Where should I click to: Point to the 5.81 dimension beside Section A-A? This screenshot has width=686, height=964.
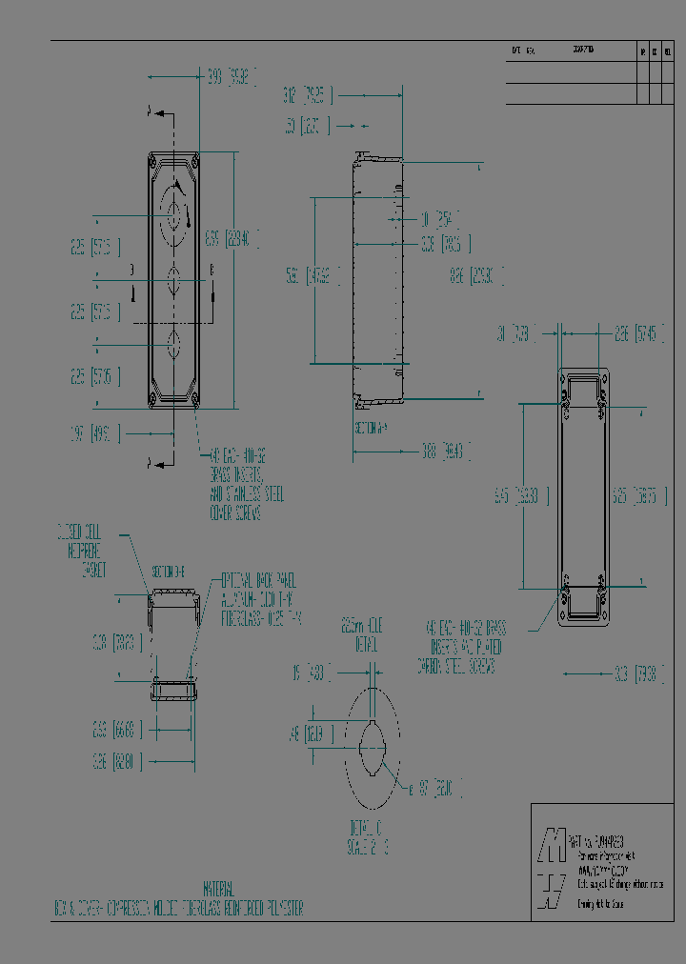click(x=314, y=277)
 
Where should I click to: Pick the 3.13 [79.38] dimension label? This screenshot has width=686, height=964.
click(x=635, y=673)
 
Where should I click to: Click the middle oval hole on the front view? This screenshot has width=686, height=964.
click(x=173, y=283)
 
